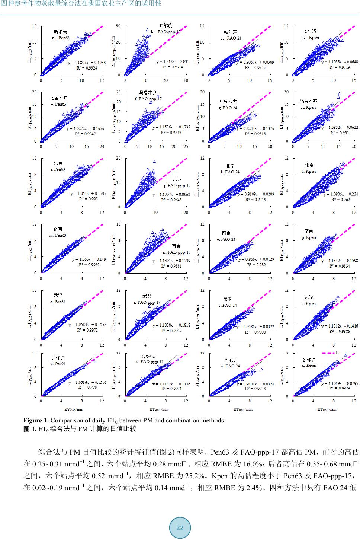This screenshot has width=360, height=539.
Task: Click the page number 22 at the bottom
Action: click(180, 528)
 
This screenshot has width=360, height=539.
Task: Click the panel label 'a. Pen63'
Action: click(61, 38)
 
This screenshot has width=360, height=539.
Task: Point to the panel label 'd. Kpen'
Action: click(310, 38)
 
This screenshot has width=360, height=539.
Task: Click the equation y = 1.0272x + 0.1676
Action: click(86, 129)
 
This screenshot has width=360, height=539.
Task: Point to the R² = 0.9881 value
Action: click(171, 266)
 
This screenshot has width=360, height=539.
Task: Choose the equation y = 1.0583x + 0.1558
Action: click(87, 325)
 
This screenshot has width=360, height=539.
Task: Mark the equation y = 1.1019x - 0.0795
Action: click(339, 383)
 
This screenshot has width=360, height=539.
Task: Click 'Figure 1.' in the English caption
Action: click(36, 421)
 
